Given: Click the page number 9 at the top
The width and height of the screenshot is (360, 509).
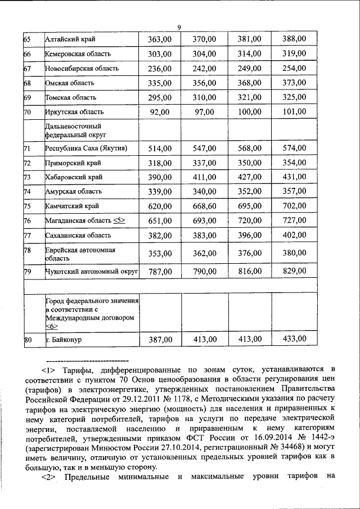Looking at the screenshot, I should click(179, 28).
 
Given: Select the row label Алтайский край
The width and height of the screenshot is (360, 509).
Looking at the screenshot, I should click(70, 39).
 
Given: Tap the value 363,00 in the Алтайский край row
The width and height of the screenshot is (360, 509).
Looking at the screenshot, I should click(159, 39).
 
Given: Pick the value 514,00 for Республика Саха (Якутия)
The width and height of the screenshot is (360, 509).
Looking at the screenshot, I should click(159, 148).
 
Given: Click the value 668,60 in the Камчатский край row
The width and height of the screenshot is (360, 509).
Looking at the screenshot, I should click(204, 206).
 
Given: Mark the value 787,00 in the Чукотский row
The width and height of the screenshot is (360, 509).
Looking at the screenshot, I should click(159, 272).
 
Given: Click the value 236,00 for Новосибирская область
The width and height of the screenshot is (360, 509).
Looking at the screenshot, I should click(159, 69).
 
